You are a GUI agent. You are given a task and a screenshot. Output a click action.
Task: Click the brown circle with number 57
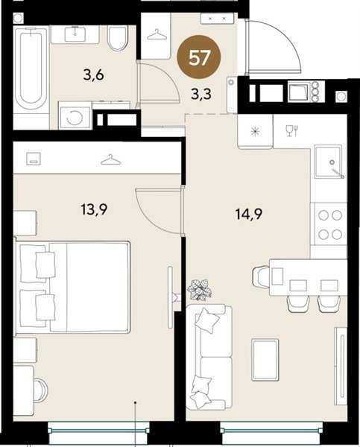coord(199,57)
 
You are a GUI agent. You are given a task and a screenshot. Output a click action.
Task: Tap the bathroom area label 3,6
coord(94,75)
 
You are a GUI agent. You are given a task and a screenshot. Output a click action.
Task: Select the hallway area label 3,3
coord(201,94)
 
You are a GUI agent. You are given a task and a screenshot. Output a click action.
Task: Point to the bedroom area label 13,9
coord(94,210)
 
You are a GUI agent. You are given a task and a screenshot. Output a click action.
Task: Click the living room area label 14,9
coord(249,214)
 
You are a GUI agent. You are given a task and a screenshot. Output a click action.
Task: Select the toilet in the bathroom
coord(117,38)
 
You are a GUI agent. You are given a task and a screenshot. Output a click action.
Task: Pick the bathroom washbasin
coord(75,34)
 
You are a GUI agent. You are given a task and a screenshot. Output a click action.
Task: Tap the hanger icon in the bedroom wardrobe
coord(110,159)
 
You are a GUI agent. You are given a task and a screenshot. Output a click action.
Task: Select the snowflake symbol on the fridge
coord(255,132)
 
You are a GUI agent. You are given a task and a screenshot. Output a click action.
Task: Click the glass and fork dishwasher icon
coord(292,130)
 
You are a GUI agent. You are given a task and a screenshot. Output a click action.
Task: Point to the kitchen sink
coord(329,162)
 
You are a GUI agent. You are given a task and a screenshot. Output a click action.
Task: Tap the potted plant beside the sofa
coord(199,289)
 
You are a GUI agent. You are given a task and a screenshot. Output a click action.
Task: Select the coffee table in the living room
coord(265,360)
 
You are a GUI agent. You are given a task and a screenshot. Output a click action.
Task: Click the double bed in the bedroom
coord(73,287)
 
